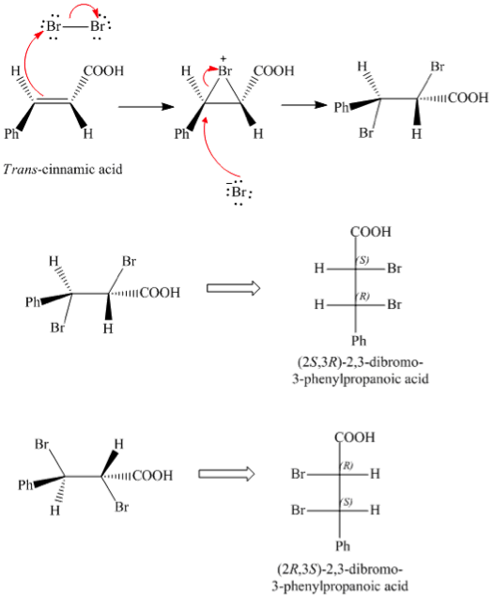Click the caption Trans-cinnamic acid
tap(63, 169)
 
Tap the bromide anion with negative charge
tap(239, 192)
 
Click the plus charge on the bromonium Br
tap(223, 59)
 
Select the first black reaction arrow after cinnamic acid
tap(146, 107)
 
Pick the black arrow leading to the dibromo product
tap(304, 104)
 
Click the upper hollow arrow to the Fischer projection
tap(234, 287)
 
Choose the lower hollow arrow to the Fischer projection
tap(226, 474)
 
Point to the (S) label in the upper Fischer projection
tap(362, 260)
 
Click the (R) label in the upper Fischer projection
tap(362, 296)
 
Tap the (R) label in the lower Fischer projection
tap(347, 466)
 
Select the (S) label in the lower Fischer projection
tap(347, 501)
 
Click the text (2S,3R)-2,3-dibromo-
tap(360, 361)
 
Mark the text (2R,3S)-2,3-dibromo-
tap(340, 569)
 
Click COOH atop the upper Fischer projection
tap(371, 232)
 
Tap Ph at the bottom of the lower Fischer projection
tap(343, 545)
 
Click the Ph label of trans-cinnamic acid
tap(11, 133)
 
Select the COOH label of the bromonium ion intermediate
tap(273, 70)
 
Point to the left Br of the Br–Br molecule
tap(54, 26)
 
